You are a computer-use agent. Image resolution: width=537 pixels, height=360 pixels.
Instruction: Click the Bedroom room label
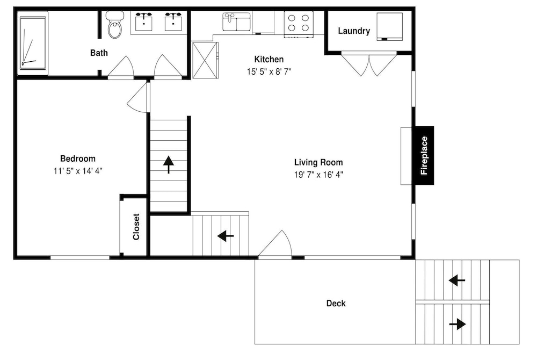[78, 159]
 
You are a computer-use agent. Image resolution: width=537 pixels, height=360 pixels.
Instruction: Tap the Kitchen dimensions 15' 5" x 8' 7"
[269, 71]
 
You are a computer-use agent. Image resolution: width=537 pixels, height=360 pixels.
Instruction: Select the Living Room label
[318, 162]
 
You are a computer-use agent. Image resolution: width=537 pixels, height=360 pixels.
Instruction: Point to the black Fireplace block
[424, 155]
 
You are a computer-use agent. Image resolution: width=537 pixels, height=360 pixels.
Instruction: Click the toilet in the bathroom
[115, 24]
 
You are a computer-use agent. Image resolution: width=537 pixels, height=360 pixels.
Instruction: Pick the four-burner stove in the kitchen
[298, 24]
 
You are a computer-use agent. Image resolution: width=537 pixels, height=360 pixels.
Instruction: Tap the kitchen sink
[237, 21]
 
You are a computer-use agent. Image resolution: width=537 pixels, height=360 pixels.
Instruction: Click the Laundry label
[354, 31]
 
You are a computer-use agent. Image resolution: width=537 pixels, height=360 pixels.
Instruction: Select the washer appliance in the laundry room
[390, 27]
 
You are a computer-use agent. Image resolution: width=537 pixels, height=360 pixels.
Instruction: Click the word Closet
[136, 226]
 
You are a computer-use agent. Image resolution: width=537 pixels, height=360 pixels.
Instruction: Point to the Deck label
[336, 303]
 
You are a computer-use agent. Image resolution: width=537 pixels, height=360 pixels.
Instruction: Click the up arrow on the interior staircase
[169, 164]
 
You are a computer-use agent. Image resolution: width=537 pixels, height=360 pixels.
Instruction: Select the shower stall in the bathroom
[33, 44]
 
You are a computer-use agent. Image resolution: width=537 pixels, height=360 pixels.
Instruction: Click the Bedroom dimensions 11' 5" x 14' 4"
[78, 171]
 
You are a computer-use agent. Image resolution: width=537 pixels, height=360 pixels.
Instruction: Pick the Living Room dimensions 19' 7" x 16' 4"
[318, 175]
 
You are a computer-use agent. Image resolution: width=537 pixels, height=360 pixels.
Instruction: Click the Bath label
[99, 53]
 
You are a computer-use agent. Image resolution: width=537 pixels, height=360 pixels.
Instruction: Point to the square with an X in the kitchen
[205, 60]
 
